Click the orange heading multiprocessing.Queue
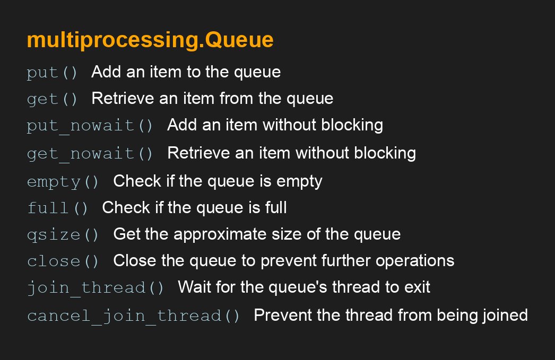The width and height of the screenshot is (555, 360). coord(150,40)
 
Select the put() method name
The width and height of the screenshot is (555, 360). coord(52,73)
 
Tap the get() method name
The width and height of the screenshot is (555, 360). coord(52,99)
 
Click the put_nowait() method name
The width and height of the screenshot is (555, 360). coord(90,126)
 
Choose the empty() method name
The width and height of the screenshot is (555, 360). coord(63,182)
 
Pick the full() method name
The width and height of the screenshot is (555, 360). coord(57,208)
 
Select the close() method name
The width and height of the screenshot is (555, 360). coord(63,261)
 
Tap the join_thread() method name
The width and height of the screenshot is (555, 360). coord(95,288)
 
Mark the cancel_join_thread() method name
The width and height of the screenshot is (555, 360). coord(133,316)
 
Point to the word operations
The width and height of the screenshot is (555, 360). coord(415,261)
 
